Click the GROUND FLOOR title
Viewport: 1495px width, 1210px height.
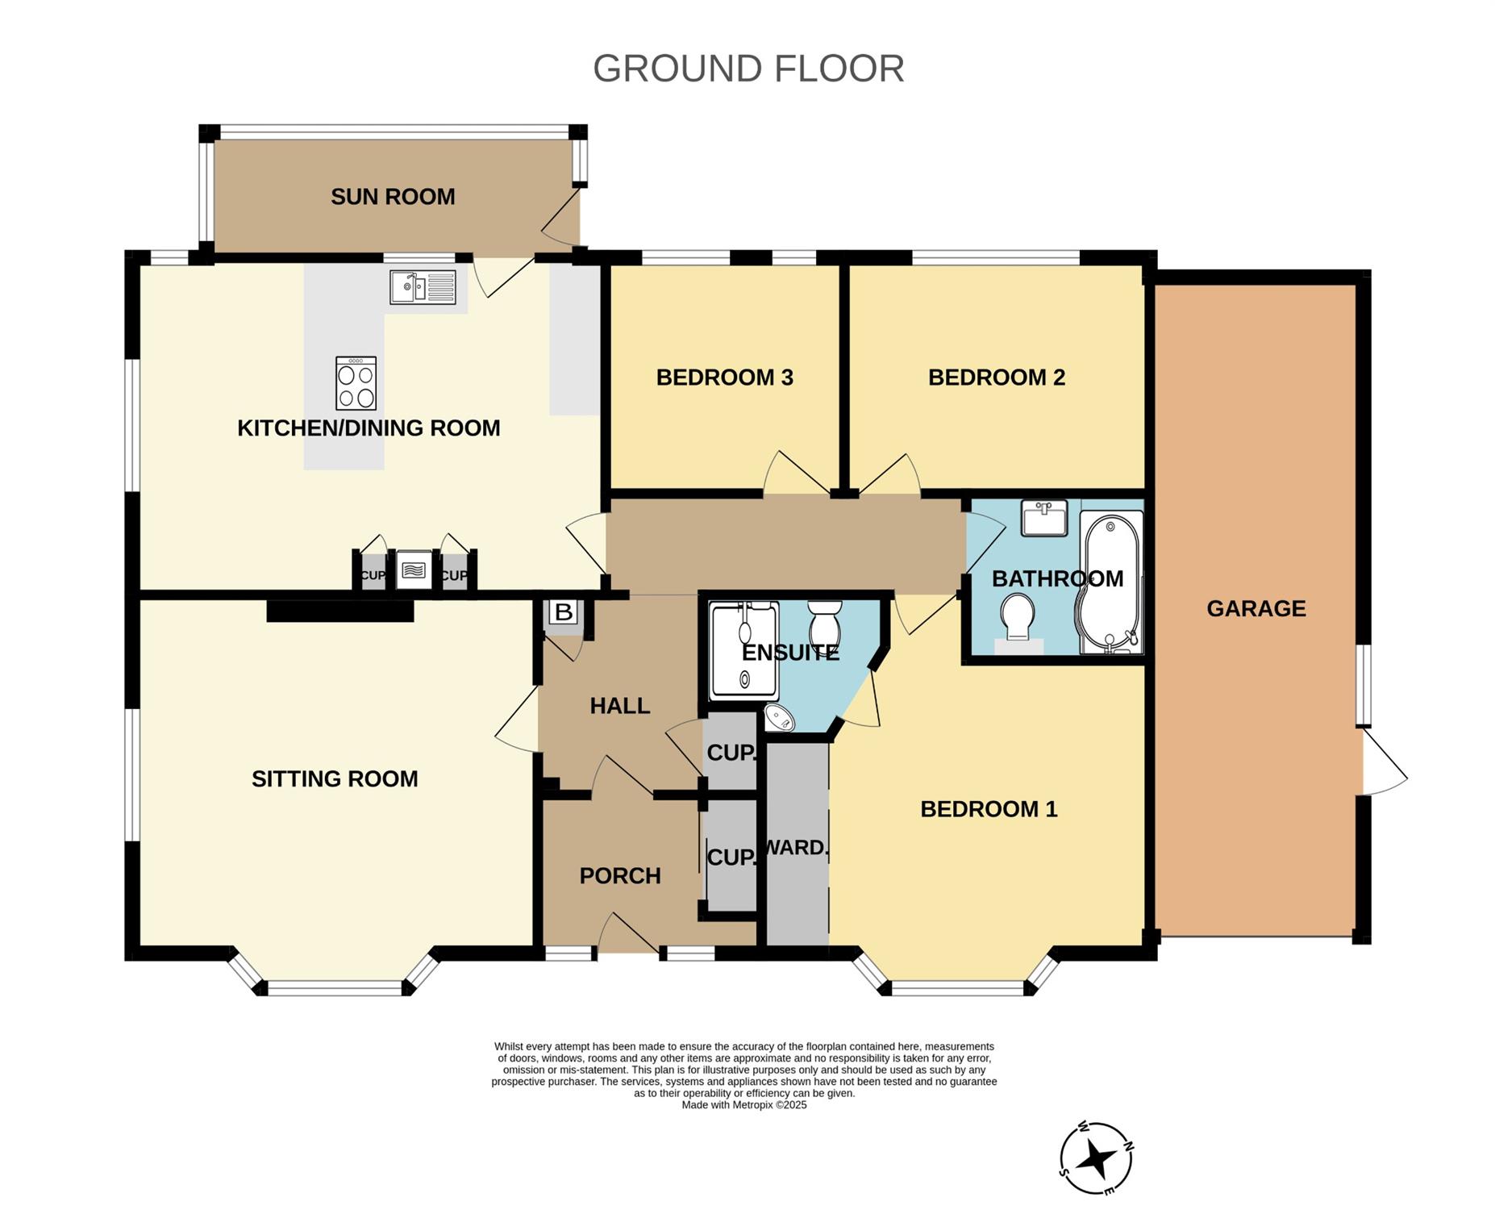click(x=748, y=69)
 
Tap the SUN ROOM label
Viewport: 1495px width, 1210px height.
click(x=393, y=197)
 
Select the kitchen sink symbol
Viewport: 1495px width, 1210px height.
click(x=423, y=287)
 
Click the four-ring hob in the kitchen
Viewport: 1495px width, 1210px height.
click(x=356, y=383)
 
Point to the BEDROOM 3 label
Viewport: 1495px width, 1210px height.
click(x=724, y=378)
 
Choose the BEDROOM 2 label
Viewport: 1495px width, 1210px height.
click(x=997, y=378)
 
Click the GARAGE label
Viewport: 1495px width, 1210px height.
click(x=1256, y=608)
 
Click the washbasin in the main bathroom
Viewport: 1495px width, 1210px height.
click(x=1044, y=518)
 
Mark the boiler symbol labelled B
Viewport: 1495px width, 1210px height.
click(x=564, y=612)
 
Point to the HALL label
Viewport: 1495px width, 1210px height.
click(x=619, y=706)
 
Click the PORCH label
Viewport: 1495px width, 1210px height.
click(x=620, y=876)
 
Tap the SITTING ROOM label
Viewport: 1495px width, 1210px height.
click(x=335, y=779)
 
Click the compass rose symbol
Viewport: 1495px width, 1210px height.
click(x=1096, y=1158)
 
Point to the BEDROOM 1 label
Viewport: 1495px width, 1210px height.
click(x=989, y=809)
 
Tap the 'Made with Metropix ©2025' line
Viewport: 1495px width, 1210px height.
click(x=744, y=1105)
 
